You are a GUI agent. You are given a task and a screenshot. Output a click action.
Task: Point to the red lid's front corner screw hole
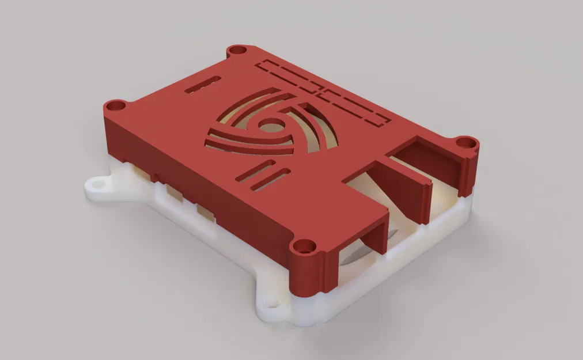[x=302, y=248]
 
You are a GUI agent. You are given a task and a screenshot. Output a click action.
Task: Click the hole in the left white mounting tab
[x=96, y=184]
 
